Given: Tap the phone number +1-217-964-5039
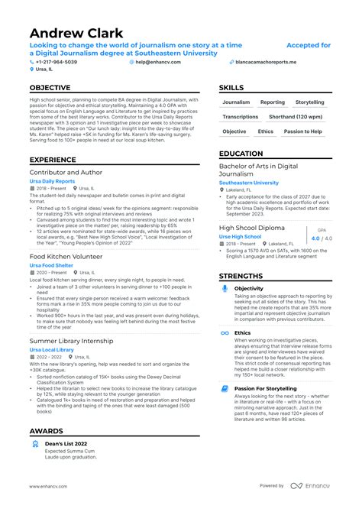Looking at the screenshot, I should coord(56,61).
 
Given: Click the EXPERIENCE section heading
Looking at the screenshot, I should coord(52,160).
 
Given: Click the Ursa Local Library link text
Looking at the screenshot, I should coord(52,349).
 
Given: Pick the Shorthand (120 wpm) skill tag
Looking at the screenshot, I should coord(296,117).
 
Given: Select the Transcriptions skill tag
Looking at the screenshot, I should coord(240,117).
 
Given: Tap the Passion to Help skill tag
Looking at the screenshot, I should coord(302,131).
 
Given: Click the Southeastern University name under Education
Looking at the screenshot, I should coord(249,183).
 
